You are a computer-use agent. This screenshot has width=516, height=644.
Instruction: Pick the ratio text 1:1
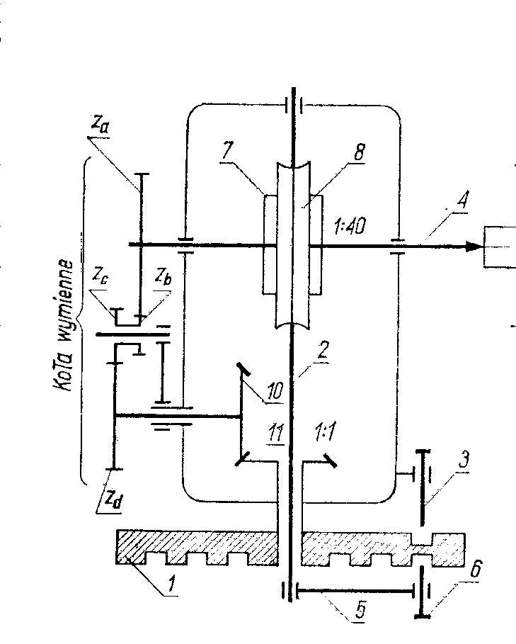click(x=322, y=434)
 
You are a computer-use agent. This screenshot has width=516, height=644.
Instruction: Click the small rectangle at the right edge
click(x=500, y=247)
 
